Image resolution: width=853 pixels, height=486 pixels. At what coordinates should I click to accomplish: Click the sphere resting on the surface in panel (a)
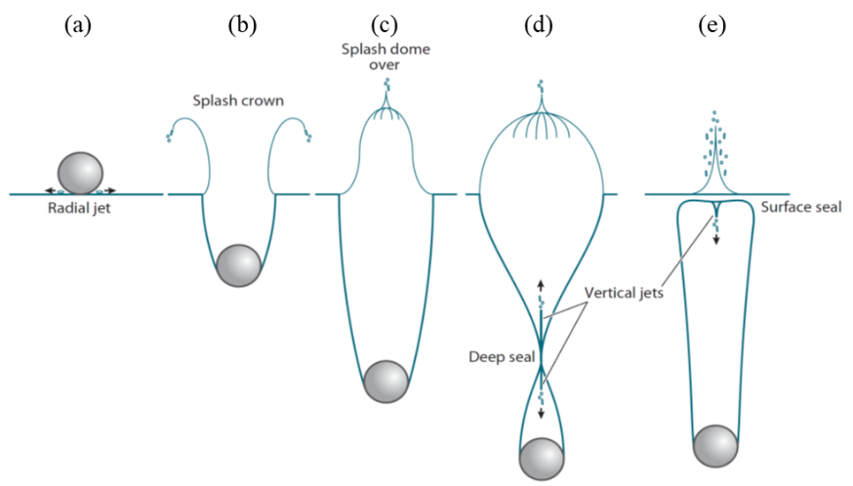pos(80,173)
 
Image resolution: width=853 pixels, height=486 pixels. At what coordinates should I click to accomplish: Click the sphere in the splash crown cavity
pos(238,264)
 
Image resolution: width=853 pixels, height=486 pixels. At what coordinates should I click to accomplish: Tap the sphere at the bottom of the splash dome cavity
pos(385,382)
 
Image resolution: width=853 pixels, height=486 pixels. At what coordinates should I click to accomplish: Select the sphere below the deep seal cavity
pos(542,460)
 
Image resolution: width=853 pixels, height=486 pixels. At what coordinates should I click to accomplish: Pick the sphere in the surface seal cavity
pos(715,446)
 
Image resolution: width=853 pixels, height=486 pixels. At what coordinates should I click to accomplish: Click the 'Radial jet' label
pos(80,208)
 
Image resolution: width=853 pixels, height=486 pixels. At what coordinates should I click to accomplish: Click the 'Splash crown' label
pos(237,101)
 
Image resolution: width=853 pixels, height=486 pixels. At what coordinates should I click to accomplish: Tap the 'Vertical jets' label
pos(625,292)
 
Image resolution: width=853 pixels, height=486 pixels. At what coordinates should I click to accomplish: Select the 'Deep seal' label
pos(502,357)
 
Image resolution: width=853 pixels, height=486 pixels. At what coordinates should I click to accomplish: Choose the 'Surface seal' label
pos(800,207)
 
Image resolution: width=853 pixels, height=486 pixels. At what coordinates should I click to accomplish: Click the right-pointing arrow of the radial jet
pos(114,190)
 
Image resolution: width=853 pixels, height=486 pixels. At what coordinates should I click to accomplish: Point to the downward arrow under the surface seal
pos(716,239)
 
